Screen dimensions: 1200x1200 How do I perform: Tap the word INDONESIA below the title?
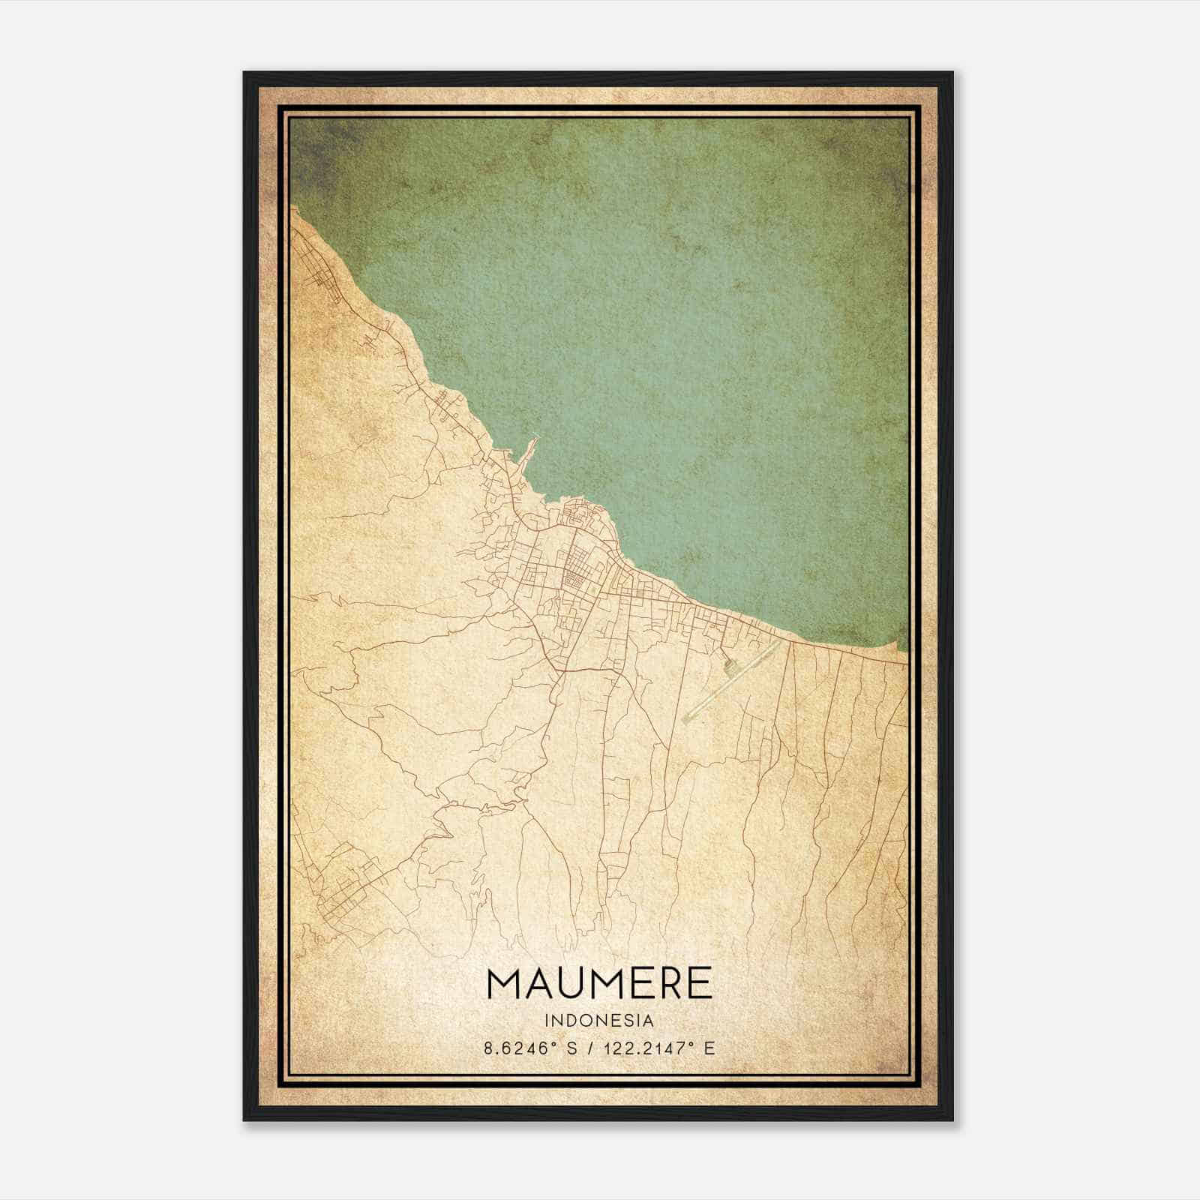coord(599,1021)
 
